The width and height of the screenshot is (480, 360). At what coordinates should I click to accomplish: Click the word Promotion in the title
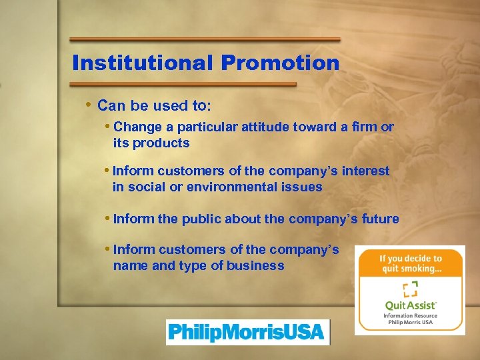[x=281, y=63]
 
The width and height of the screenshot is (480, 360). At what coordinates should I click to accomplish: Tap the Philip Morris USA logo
[x=247, y=331]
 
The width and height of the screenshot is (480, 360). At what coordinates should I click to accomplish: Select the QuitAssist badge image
[x=410, y=289]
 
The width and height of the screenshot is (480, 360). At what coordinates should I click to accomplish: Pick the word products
[x=161, y=143]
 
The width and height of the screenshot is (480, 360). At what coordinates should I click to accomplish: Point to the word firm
[x=365, y=127]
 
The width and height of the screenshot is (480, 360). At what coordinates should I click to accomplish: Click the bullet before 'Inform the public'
[x=109, y=218]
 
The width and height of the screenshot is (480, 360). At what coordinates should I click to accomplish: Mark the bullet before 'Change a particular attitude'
[x=109, y=126]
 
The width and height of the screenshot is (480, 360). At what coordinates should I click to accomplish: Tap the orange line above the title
[x=205, y=39]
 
